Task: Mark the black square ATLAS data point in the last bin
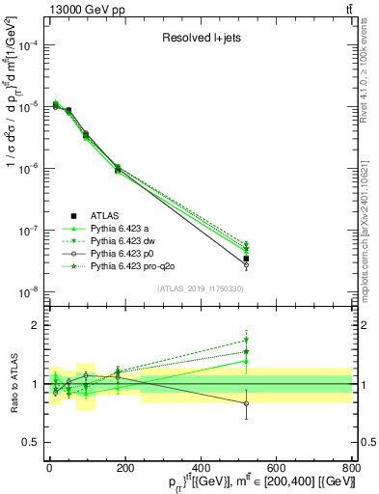coord(246,259)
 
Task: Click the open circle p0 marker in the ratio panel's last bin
coord(246,403)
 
